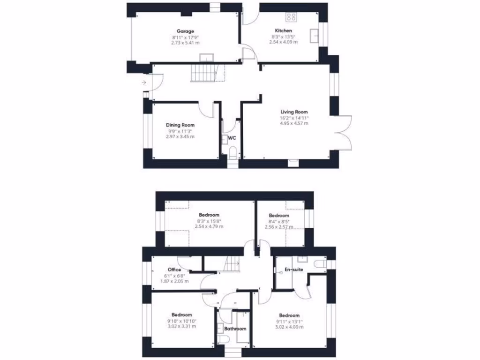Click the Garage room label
tap(185, 31)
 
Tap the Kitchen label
tap(283, 31)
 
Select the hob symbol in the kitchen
tap(291, 17)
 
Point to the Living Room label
tap(294, 112)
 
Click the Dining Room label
tap(180, 125)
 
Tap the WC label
tap(232, 138)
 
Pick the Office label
tap(174, 270)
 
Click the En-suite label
tap(294, 270)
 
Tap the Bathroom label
tap(235, 329)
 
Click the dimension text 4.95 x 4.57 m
tap(294, 123)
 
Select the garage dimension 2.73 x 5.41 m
tap(185, 42)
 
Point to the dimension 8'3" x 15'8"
tap(209, 221)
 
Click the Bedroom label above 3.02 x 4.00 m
tap(289, 315)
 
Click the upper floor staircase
tap(231, 265)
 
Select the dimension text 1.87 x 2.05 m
tap(174, 281)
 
